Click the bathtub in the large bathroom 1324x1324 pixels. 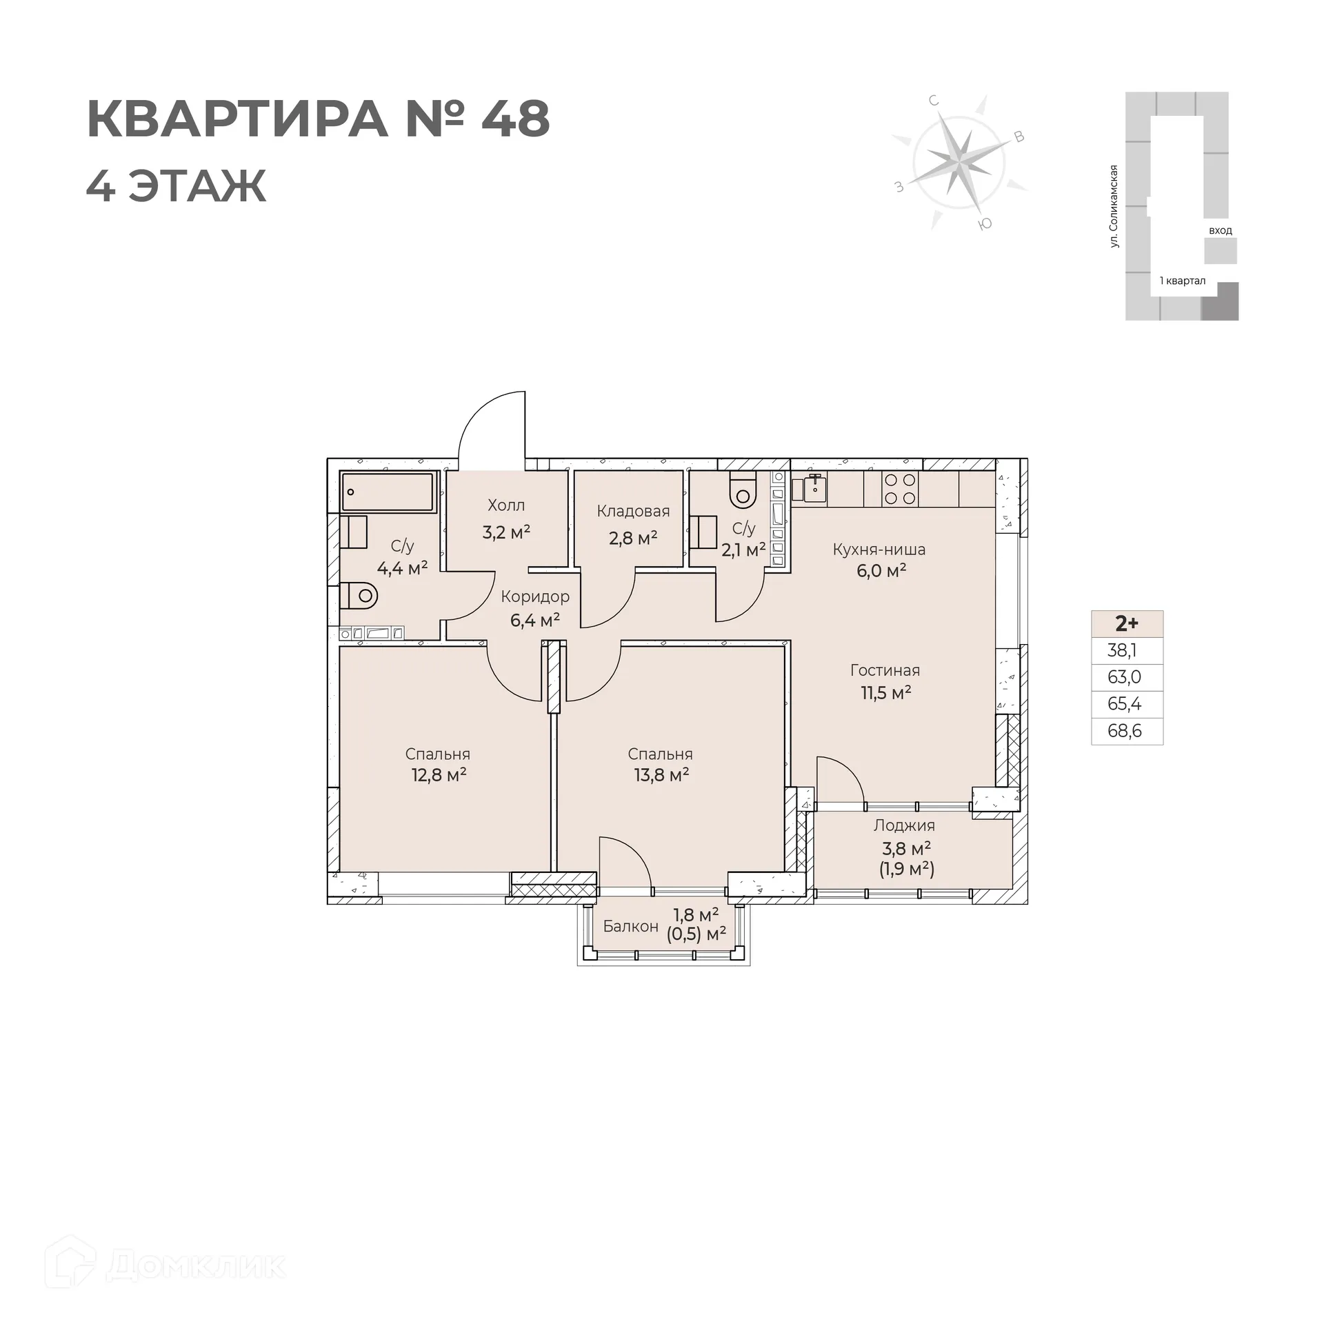tap(388, 492)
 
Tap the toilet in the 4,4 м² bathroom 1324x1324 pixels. tap(361, 595)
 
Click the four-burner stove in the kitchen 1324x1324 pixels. tap(900, 489)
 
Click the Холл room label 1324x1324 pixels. tap(506, 505)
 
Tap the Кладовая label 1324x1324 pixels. tap(633, 511)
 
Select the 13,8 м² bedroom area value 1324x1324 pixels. tap(661, 774)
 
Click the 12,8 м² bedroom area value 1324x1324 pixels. tap(439, 774)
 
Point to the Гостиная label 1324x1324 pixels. tap(885, 670)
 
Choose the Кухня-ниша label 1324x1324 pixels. tap(879, 550)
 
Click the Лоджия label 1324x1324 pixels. tap(904, 825)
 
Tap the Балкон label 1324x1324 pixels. tap(630, 926)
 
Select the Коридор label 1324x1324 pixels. tap(535, 596)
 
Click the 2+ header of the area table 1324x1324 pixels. tap(1127, 624)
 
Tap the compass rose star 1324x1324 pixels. tap(959, 163)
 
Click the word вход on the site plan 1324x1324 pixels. tap(1220, 230)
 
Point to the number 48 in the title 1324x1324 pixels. tap(515, 119)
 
